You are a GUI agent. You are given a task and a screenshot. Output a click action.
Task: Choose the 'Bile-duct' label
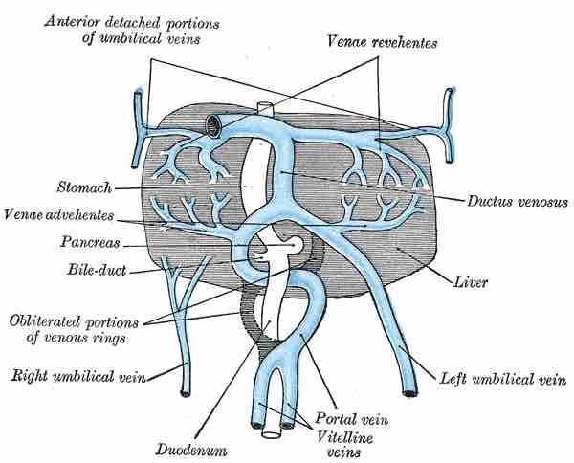pos(91,271)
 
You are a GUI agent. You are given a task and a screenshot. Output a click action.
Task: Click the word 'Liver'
pos(474,283)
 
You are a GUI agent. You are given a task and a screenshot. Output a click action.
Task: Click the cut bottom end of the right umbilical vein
pos(185,390)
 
